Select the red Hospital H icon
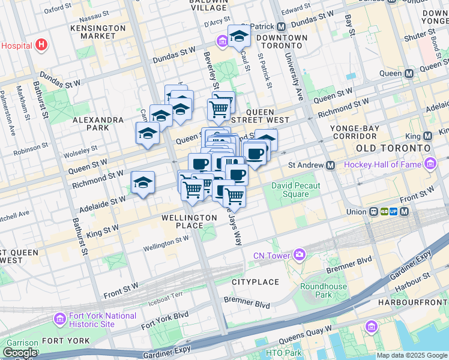pyautogui.click(x=41, y=44)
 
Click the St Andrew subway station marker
pyautogui.click(x=330, y=165)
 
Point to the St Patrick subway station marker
pyautogui.click(x=281, y=26)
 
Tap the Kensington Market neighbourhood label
pyautogui.click(x=98, y=32)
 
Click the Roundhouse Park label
pyautogui.click(x=324, y=290)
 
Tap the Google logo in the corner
pyautogui.click(x=20, y=353)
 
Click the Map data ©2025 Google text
pyautogui.click(x=412, y=355)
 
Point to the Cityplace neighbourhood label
pyautogui.click(x=255, y=281)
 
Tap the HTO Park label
pyautogui.click(x=285, y=353)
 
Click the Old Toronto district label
pyautogui.click(x=393, y=148)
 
